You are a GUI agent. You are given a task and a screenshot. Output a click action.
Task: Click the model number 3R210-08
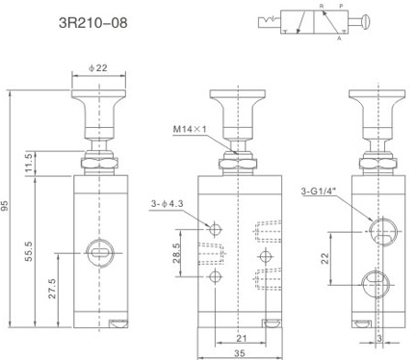[93, 23]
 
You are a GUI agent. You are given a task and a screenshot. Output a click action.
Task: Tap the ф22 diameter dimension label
[98, 68]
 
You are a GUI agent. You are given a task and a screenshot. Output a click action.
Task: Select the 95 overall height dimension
[5, 206]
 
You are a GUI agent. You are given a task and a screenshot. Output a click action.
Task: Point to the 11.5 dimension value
[29, 163]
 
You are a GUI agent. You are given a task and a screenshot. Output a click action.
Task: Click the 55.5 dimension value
[29, 251]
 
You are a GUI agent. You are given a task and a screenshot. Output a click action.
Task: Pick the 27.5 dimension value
[52, 289]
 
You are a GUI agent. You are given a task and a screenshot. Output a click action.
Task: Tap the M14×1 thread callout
[190, 129]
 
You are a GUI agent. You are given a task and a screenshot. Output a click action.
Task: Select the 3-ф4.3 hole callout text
[167, 203]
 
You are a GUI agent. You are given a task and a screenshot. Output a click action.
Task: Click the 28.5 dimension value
[177, 253]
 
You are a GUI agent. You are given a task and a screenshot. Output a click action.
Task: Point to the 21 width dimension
[242, 338]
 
